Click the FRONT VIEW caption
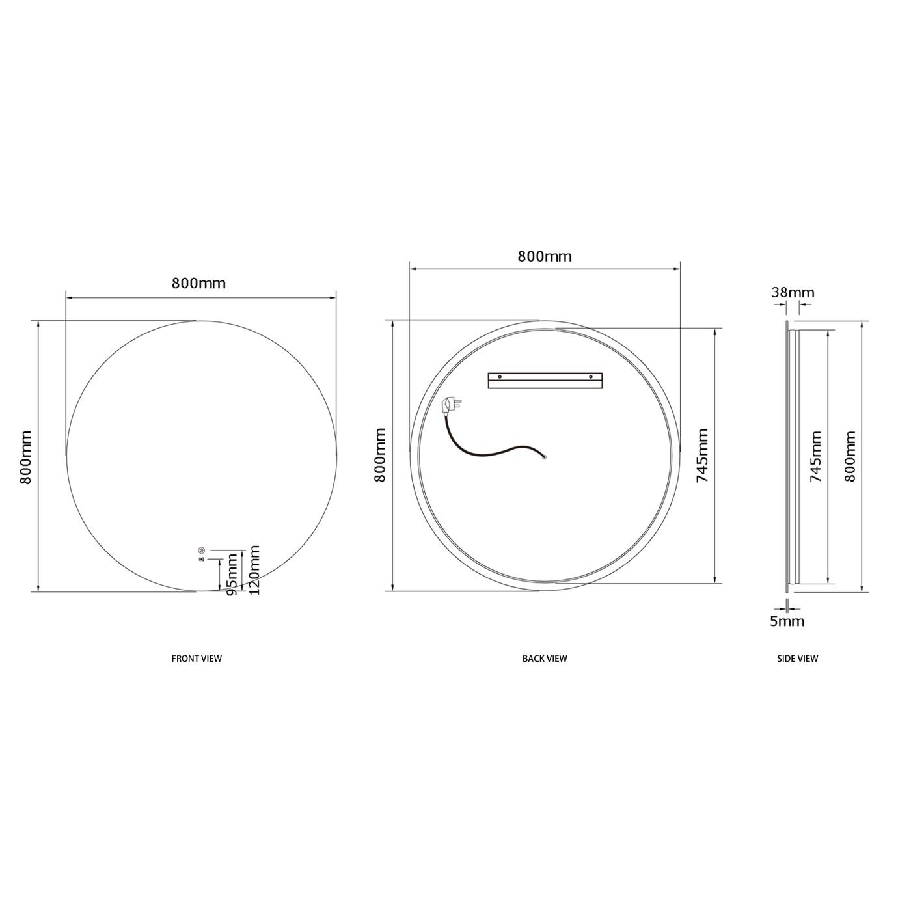pyautogui.click(x=197, y=659)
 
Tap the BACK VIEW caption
pyautogui.click(x=545, y=659)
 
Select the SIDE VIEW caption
pyautogui.click(x=798, y=659)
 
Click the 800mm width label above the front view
pyautogui.click(x=198, y=283)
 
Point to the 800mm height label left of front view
pyautogui.click(x=26, y=457)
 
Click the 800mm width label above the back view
pyautogui.click(x=545, y=256)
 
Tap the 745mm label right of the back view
pyautogui.click(x=702, y=455)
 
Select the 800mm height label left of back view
pyautogui.click(x=380, y=455)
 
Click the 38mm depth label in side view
pyautogui.click(x=793, y=293)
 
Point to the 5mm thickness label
pyautogui.click(x=787, y=621)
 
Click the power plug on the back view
pyautogui.click(x=450, y=406)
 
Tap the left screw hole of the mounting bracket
pyautogui.click(x=500, y=377)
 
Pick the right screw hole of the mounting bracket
pyautogui.click(x=591, y=377)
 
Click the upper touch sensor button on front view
pyautogui.click(x=201, y=550)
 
